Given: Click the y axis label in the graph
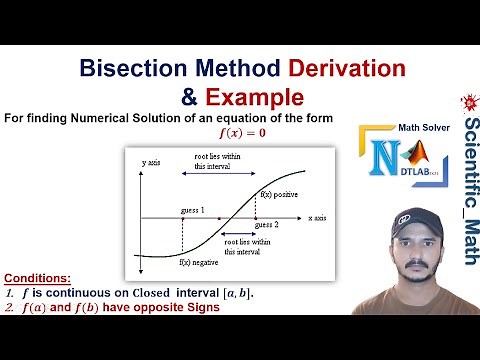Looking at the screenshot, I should pyautogui.click(x=151, y=162).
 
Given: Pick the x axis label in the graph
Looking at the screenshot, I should pyautogui.click(x=318, y=217).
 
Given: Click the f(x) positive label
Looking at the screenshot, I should pyautogui.click(x=279, y=192).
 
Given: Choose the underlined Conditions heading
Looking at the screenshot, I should pyautogui.click(x=37, y=277).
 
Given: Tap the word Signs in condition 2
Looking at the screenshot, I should pyautogui.click(x=197, y=307).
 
